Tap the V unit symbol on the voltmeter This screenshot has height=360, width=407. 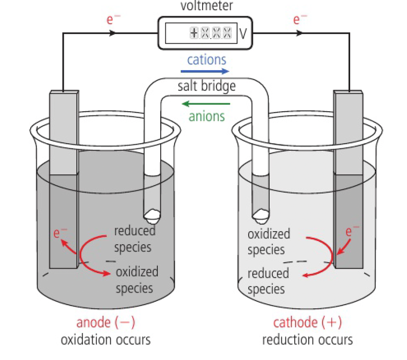(x=243, y=33)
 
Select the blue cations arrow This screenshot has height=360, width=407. (x=205, y=71)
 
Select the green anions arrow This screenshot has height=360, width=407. (x=206, y=103)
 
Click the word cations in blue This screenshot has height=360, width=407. (x=206, y=60)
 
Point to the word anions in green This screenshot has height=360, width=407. (x=207, y=115)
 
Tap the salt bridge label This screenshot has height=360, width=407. (x=207, y=87)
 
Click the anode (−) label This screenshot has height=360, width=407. (x=106, y=323)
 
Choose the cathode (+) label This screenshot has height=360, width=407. (x=307, y=323)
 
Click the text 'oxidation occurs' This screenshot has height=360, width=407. (x=106, y=340)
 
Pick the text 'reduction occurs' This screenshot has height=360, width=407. (x=307, y=340)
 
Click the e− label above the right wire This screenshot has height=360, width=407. (x=300, y=20)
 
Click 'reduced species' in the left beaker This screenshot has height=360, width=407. (x=134, y=238)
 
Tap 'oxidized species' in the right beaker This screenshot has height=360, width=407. (x=269, y=241)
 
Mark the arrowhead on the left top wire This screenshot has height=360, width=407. (x=112, y=33)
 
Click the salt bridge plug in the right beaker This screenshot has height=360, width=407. (x=260, y=213)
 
